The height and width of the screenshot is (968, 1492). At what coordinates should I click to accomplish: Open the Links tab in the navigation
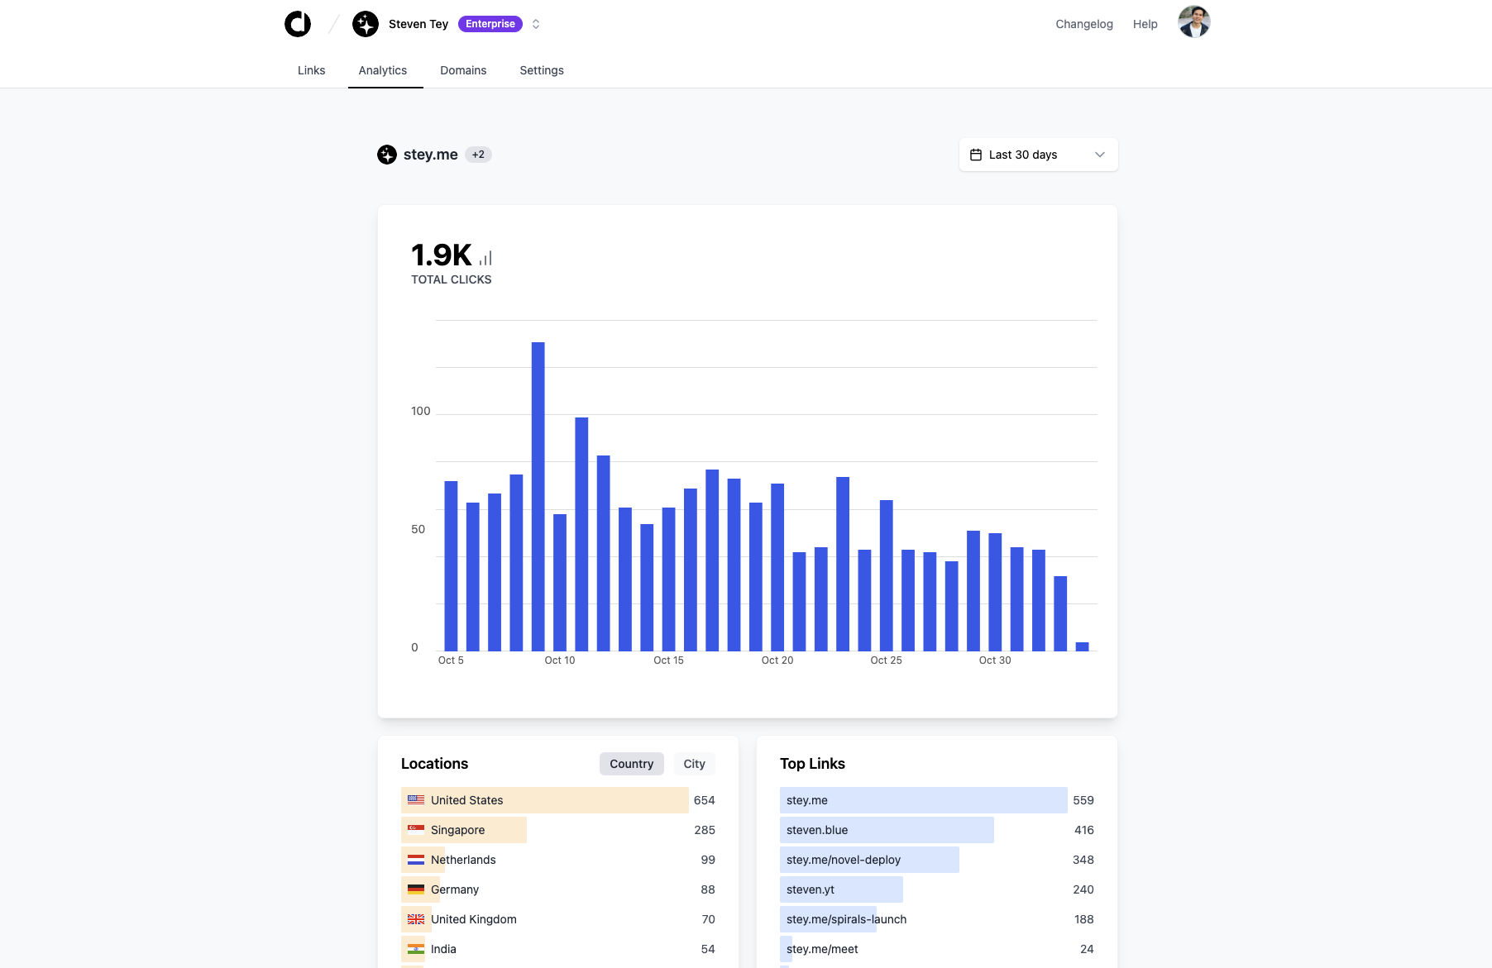coord(311,70)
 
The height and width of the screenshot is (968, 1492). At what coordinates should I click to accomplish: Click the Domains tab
coord(463,70)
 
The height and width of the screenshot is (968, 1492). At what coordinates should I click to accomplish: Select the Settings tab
coord(542,70)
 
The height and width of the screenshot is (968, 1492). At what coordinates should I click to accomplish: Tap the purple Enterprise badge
coord(490,24)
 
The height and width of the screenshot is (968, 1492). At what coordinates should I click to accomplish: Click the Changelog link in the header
coord(1083,24)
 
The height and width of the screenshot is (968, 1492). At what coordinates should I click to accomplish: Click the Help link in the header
coord(1145,24)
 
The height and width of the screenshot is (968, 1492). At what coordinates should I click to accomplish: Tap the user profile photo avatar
coord(1193,22)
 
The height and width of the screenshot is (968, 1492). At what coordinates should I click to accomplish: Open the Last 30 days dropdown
coord(1038,155)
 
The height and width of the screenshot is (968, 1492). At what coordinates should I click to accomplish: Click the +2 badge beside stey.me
coord(478,155)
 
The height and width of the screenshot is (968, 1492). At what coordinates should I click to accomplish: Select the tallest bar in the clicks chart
coord(538,496)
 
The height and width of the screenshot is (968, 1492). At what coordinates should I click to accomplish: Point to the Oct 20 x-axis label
coord(777,660)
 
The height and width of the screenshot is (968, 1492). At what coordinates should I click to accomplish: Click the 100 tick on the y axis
coord(420,411)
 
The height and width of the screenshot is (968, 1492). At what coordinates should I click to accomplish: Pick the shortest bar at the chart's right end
coord(1082,646)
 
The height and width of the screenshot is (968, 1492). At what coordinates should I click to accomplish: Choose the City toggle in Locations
coord(694,764)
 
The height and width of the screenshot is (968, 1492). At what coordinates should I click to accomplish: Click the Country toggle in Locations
coord(631,764)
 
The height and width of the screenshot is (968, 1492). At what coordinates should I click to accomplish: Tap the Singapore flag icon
coord(416,830)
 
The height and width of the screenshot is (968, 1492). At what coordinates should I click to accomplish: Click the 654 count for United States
coord(704,800)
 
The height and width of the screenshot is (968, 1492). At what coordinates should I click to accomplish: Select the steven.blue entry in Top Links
coord(817,830)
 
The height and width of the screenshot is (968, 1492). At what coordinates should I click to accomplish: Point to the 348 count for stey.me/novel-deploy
coord(1083,860)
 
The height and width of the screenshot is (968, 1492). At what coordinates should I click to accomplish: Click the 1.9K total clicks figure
coord(442,255)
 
